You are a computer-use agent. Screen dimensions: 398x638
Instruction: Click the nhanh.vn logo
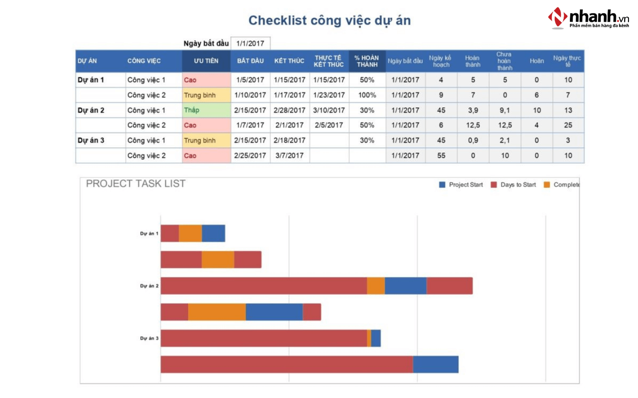[589, 18]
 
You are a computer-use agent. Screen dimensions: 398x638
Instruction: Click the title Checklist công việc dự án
[329, 20]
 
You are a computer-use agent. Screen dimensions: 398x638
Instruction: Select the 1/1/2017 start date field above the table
[250, 43]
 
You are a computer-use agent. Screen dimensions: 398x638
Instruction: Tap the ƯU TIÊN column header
[206, 61]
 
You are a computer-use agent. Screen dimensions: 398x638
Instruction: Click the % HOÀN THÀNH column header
[367, 61]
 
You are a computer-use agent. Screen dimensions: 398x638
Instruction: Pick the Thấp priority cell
[206, 110]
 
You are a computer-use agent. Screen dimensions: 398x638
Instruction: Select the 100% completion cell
[367, 95]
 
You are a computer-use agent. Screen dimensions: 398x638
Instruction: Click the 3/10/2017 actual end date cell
[329, 110]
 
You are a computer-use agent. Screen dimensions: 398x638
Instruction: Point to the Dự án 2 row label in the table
[91, 110]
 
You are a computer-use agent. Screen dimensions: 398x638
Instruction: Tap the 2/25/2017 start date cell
[250, 155]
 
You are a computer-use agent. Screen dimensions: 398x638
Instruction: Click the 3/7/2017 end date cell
[289, 155]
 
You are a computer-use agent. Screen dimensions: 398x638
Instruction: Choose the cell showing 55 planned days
[441, 155]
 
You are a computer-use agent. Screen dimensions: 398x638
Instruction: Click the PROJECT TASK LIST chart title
[136, 184]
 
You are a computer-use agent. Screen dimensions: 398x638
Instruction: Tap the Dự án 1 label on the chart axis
[149, 234]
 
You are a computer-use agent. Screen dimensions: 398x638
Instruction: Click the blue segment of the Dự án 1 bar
[213, 233]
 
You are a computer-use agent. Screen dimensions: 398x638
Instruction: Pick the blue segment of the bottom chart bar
[435, 364]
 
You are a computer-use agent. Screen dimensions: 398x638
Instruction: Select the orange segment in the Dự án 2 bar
[376, 286]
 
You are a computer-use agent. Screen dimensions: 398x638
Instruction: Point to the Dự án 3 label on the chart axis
[149, 338]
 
